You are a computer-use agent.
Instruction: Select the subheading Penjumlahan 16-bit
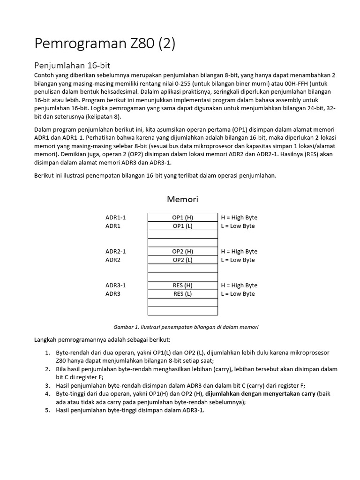click(x=72, y=65)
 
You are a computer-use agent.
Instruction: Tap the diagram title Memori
click(x=182, y=199)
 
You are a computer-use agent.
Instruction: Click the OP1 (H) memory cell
click(x=182, y=217)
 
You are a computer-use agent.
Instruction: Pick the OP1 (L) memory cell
click(x=182, y=226)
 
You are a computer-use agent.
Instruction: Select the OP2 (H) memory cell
click(x=182, y=251)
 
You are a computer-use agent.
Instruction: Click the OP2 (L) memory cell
click(x=182, y=260)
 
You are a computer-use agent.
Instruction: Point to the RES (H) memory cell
click(x=182, y=285)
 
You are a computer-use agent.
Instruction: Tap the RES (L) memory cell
click(x=182, y=294)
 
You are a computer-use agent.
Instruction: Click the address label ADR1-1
click(x=115, y=217)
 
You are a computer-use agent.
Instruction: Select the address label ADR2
click(x=112, y=260)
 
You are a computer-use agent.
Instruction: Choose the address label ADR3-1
click(x=115, y=285)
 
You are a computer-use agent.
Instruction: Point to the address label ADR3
click(x=112, y=294)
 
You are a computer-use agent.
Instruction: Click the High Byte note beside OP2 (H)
click(x=239, y=251)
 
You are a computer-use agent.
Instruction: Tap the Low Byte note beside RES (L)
click(x=238, y=294)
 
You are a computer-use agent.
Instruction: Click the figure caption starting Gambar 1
click(x=186, y=327)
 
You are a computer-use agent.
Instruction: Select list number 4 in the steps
click(x=47, y=394)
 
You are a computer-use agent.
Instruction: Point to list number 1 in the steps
click(x=47, y=352)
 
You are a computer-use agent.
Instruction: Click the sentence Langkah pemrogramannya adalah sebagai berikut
click(x=103, y=339)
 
